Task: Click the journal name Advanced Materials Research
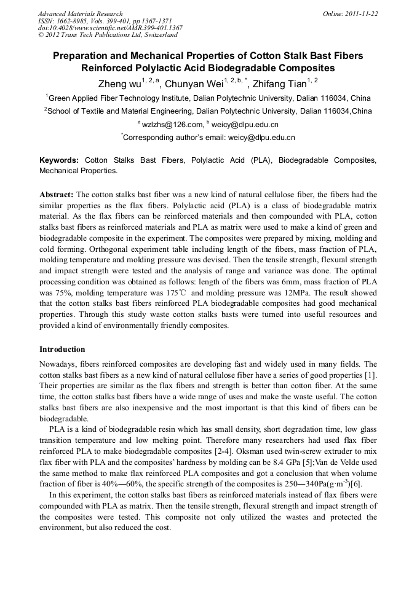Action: point(80,14)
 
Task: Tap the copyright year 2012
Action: point(55,35)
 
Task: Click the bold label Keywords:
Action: point(59,160)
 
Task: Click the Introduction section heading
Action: point(62,349)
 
